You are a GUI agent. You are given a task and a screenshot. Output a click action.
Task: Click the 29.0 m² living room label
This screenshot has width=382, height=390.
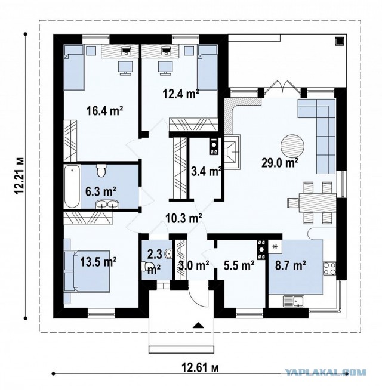coord(280,163)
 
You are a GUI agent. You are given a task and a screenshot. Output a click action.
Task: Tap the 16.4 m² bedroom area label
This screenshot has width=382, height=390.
coord(105,110)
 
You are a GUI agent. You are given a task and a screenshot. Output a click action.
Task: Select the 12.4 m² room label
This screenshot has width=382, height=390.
coord(181,94)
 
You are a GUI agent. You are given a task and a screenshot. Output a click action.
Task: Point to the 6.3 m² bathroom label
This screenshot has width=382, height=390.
coord(101,191)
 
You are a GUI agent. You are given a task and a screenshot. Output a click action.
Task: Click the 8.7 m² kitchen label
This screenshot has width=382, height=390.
coord(290,265)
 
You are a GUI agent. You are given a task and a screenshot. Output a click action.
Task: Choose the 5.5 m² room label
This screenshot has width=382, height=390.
coord(239,265)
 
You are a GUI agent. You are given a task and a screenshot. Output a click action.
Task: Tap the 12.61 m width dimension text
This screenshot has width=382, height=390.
coord(201,367)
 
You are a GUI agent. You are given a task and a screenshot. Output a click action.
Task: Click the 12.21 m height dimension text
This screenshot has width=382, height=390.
coord(19,175)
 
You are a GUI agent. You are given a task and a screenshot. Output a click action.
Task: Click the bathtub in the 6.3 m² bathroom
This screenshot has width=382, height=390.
coord(72,187)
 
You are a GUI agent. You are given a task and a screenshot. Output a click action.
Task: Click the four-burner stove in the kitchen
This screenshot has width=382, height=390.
coord(329,269)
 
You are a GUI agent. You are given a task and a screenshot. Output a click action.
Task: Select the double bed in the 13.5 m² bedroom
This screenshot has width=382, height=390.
coord(90,271)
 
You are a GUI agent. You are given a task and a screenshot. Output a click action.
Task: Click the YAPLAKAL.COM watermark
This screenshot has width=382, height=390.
coord(325,373)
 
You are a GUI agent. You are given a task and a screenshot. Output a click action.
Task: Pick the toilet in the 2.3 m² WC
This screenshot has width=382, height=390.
coord(146,265)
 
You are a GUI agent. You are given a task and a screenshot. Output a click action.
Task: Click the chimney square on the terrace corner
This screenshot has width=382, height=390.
coord(339,41)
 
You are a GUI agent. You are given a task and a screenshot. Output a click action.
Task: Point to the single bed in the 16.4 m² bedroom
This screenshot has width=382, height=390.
coord(73,67)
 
